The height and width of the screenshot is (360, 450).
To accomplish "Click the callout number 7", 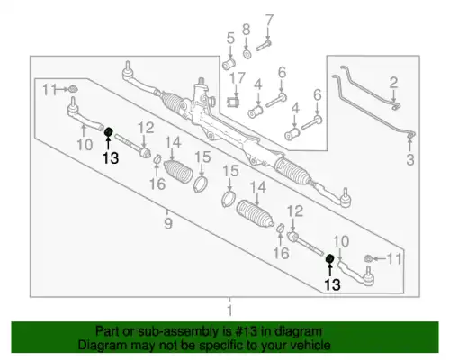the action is click(269, 21).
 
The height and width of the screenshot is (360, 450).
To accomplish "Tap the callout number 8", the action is click(246, 30).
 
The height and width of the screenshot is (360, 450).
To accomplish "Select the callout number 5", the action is click(230, 39).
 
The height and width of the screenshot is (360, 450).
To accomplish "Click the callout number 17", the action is click(238, 77).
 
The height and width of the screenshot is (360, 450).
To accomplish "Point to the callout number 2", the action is click(393, 83).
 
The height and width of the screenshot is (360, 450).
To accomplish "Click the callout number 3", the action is click(410, 159).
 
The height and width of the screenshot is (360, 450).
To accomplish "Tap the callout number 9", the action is click(168, 223).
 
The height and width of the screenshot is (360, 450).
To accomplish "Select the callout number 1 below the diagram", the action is click(229, 310).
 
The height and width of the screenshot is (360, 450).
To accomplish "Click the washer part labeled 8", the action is click(247, 55).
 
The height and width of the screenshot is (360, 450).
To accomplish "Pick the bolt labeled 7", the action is click(264, 46).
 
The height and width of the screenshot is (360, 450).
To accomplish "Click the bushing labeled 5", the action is click(229, 64).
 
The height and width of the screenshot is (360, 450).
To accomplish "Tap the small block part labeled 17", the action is click(233, 103).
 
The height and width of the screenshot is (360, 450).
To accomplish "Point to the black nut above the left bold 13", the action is click(108, 131).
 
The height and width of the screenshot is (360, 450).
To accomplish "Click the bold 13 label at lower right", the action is click(332, 284).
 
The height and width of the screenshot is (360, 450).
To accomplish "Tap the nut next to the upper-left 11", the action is click(73, 89).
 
